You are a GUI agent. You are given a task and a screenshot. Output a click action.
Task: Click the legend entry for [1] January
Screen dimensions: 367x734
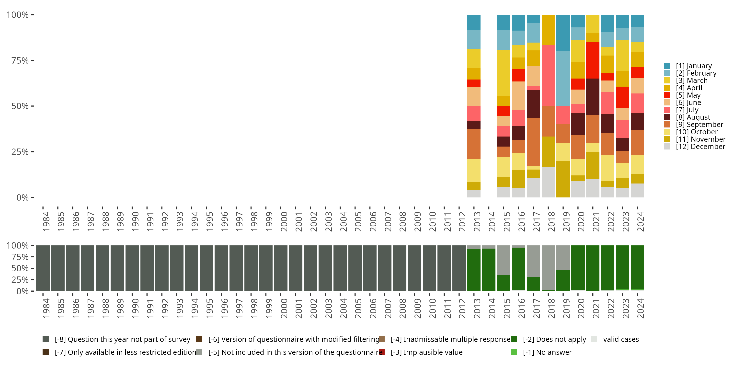click(x=694, y=66)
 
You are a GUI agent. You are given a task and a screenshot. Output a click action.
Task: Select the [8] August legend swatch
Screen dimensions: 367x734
click(x=666, y=117)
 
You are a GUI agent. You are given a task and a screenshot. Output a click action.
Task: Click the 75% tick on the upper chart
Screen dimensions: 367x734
click(x=20, y=60)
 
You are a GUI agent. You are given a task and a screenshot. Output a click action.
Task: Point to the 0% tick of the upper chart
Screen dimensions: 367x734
click(x=22, y=197)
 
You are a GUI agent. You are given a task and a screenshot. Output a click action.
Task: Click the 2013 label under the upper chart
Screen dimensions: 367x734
click(x=477, y=222)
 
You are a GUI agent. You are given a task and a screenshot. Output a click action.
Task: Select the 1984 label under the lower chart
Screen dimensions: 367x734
click(x=46, y=308)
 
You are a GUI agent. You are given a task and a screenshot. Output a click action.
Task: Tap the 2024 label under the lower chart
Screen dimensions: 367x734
click(x=640, y=308)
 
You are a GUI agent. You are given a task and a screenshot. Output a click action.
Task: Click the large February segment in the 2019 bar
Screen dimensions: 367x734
click(x=563, y=78)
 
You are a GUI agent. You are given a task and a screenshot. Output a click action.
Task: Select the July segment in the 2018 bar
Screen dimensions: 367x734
click(x=548, y=76)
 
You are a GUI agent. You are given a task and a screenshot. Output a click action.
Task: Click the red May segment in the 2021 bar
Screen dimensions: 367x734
click(x=593, y=60)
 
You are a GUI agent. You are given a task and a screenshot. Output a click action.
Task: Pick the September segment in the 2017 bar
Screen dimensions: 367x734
click(x=533, y=142)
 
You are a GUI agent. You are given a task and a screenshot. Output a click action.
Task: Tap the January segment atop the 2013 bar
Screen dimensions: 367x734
click(x=474, y=22)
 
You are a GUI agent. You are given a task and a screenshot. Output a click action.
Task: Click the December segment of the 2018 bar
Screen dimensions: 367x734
click(x=548, y=182)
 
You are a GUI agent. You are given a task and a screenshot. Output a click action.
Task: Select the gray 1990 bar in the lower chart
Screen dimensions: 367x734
click(x=132, y=268)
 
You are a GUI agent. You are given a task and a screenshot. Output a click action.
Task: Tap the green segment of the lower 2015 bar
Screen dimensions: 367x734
click(x=504, y=283)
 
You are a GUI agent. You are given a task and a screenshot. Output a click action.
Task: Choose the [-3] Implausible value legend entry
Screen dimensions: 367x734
click(x=426, y=352)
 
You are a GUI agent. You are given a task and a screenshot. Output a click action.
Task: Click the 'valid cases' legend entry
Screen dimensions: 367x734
click(x=620, y=339)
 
